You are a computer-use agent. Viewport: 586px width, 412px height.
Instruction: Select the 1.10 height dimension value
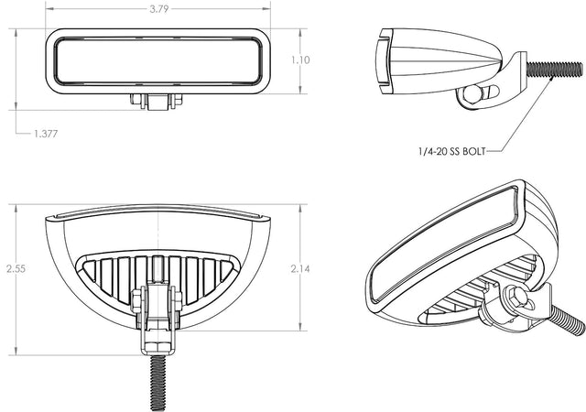(301, 60)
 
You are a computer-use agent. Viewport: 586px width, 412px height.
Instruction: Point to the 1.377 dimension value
(47, 134)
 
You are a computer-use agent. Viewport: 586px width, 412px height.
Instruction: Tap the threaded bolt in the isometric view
(561, 320)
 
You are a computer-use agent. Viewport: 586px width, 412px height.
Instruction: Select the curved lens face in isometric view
(444, 243)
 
